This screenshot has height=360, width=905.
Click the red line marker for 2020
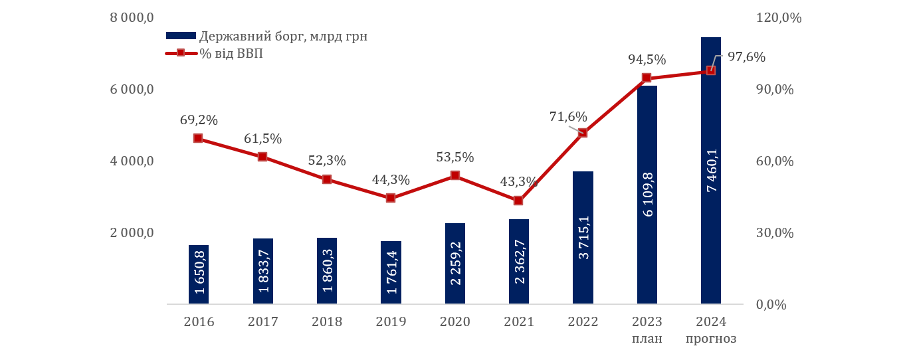[x=455, y=175]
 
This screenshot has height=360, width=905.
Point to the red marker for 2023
[x=647, y=78]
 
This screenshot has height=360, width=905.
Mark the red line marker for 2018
[x=327, y=179]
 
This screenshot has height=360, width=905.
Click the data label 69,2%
[x=199, y=120]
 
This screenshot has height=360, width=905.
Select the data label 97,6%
[x=746, y=57]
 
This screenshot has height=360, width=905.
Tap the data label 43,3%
[x=519, y=181]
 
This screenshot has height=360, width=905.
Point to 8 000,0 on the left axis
[x=132, y=18]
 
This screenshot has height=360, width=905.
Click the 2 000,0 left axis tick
[x=132, y=233]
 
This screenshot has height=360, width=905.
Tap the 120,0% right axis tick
[x=779, y=18]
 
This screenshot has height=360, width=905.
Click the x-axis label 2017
[x=262, y=322]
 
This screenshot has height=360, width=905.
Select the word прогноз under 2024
[x=711, y=339]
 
